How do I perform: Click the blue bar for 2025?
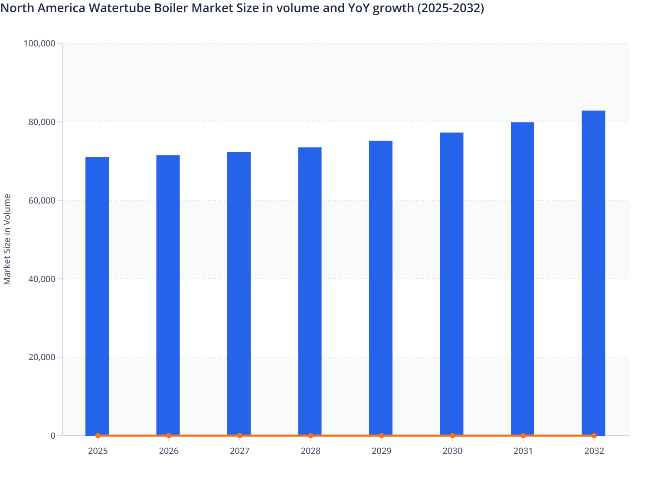tap(97, 295)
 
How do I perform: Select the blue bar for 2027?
tap(239, 293)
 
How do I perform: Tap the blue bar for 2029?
tap(381, 287)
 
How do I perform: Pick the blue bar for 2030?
tap(451, 283)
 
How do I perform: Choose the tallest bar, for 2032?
tap(593, 272)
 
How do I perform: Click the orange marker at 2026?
tap(169, 436)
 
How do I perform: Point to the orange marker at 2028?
tap(311, 436)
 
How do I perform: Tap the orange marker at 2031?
tap(523, 436)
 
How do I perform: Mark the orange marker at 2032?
tap(594, 436)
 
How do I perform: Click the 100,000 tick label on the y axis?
tap(39, 43)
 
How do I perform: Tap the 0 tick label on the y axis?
tap(53, 436)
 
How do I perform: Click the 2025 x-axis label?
tap(98, 451)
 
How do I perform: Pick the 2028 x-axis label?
tap(311, 451)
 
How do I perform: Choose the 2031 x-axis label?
tap(523, 451)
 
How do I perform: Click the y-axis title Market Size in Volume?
tap(7, 239)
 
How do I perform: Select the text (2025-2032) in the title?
tap(451, 8)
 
